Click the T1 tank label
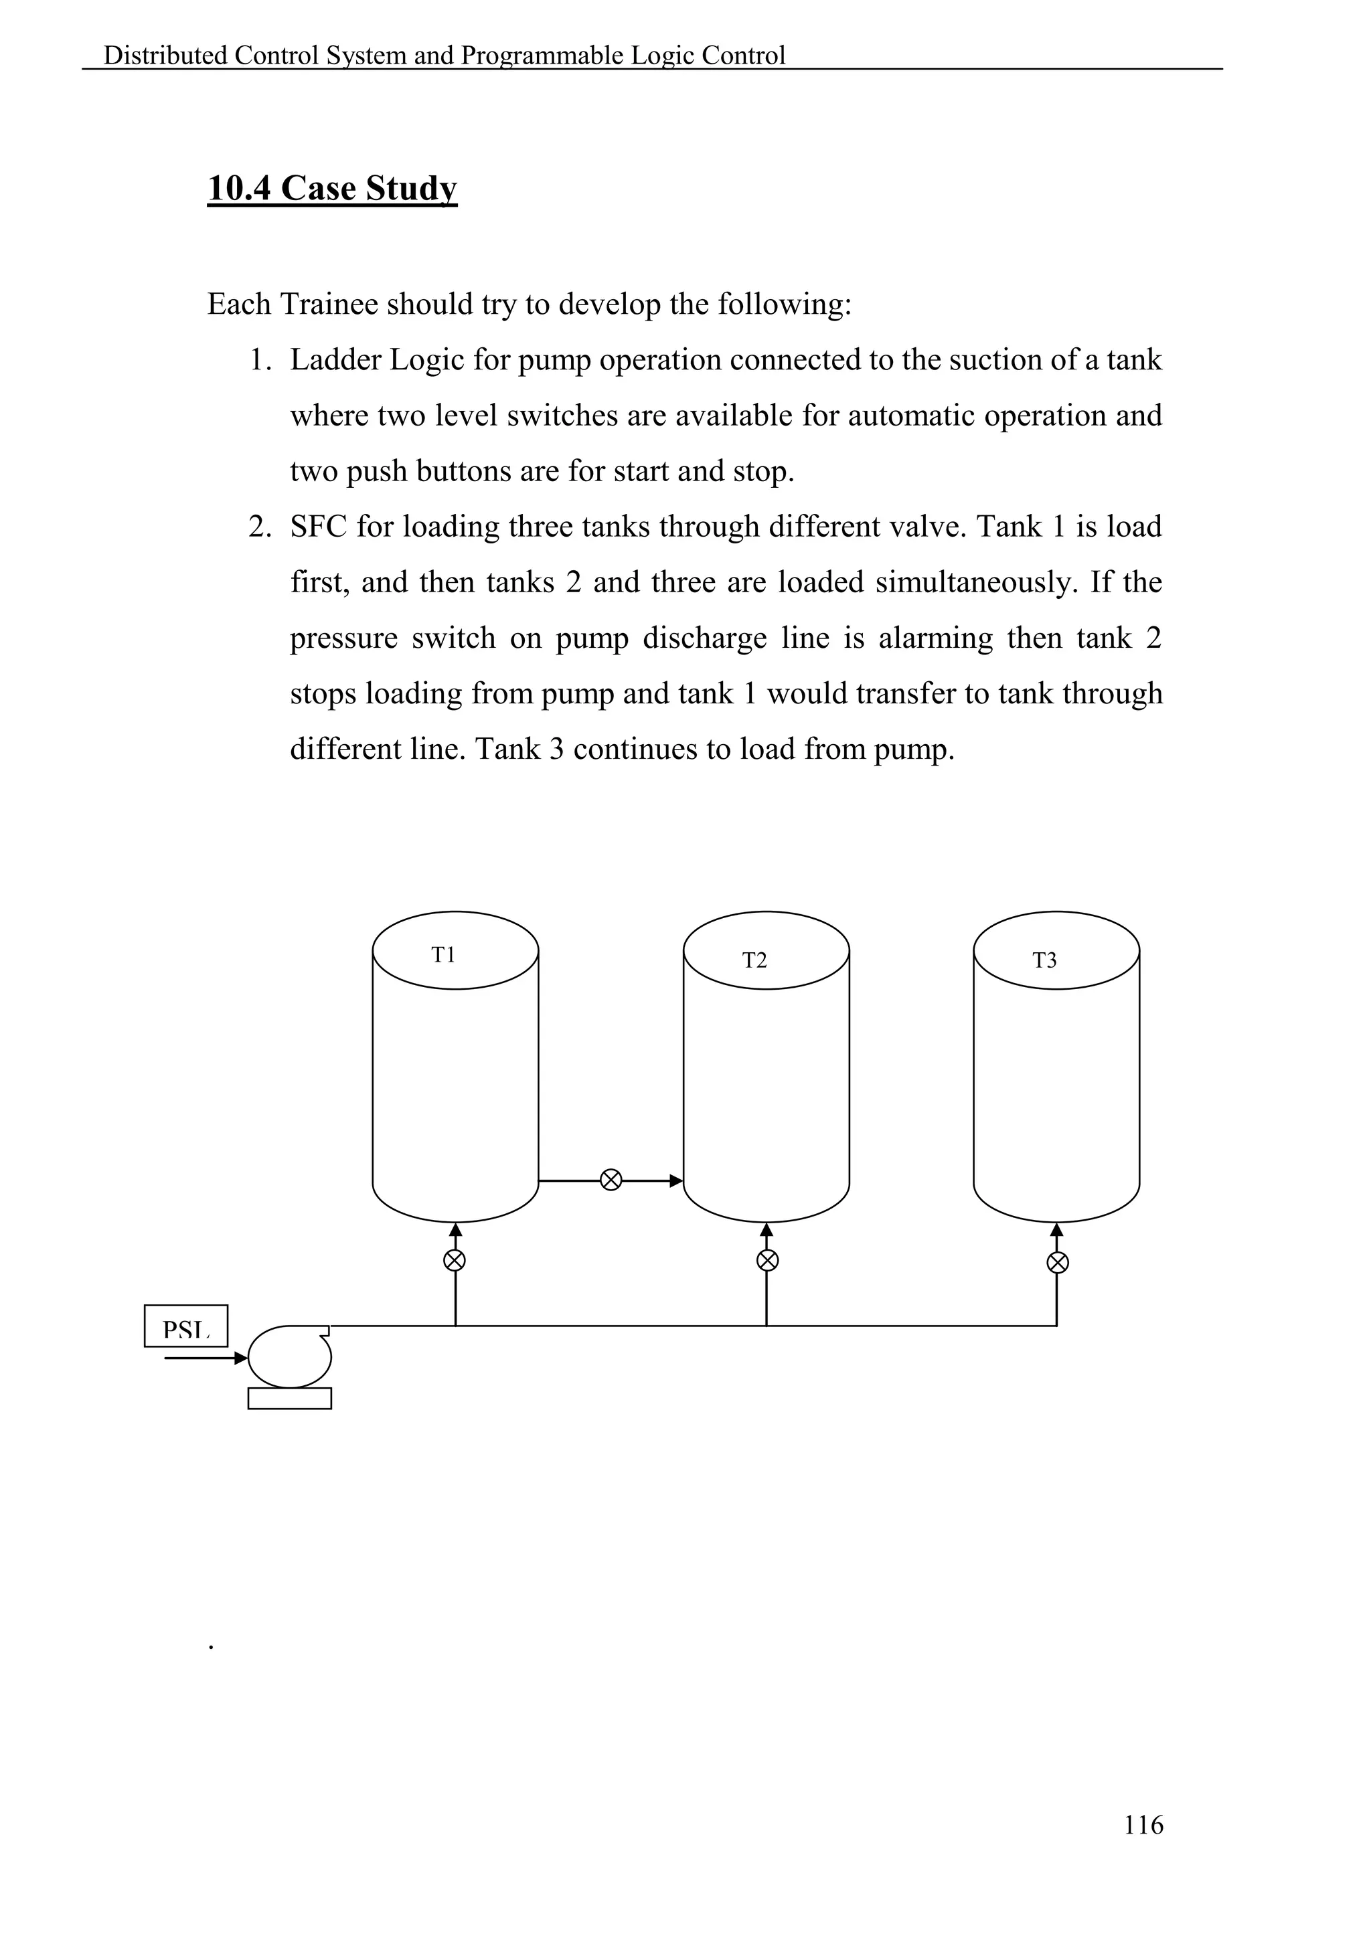click(x=443, y=955)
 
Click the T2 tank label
click(x=754, y=960)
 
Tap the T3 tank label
click(x=1044, y=960)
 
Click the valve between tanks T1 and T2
click(x=611, y=1180)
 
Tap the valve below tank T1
click(x=455, y=1261)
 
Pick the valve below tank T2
click(x=767, y=1261)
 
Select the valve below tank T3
click(x=1057, y=1263)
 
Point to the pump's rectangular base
click(x=290, y=1399)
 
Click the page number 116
click(x=1143, y=1825)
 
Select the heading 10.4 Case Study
click(x=332, y=188)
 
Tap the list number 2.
click(x=259, y=527)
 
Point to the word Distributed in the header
click(x=165, y=56)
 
